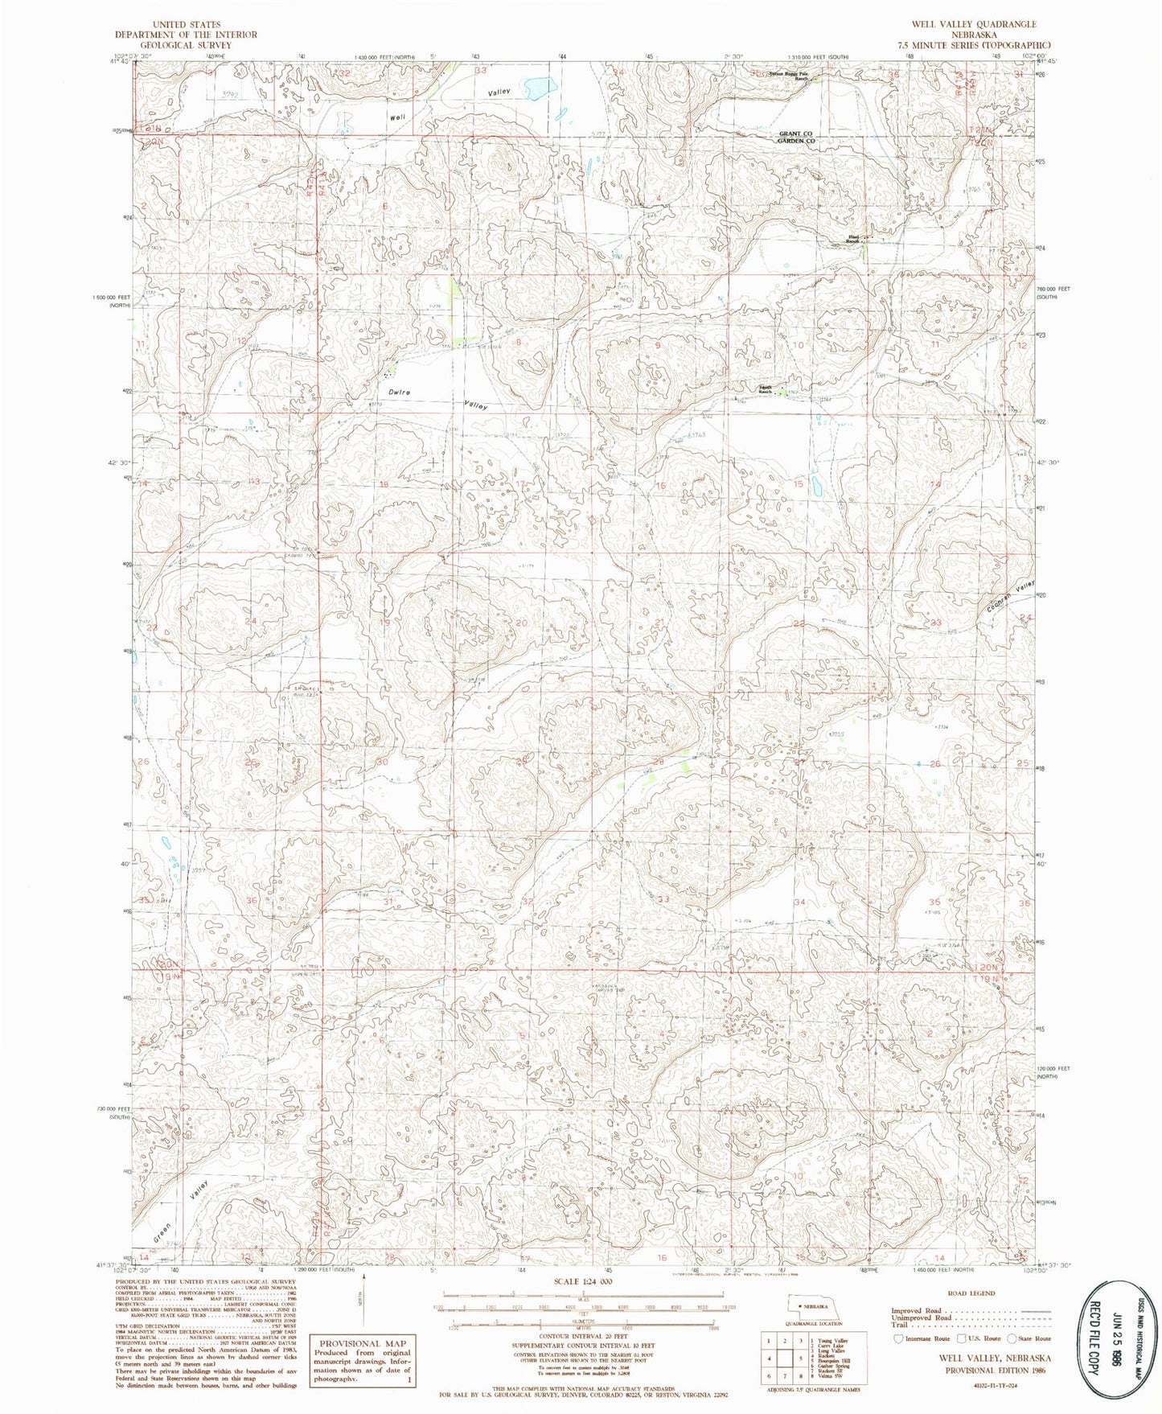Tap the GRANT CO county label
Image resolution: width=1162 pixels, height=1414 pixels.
point(796,134)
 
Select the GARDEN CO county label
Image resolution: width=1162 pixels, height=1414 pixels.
point(796,142)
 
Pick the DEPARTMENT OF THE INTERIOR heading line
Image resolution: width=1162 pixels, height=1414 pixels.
point(186,35)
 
